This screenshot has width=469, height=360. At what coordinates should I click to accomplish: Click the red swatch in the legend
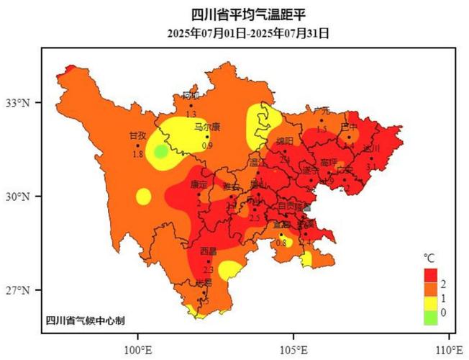[431, 275]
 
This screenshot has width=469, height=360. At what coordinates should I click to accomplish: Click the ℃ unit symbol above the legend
[429, 258]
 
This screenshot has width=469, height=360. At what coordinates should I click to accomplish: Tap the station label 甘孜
[137, 135]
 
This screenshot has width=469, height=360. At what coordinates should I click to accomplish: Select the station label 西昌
[208, 251]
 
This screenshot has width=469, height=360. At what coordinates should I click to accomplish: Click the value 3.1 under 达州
[371, 167]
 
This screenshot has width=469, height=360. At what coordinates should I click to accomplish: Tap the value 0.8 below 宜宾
[281, 243]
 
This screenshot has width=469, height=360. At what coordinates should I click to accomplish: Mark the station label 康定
[199, 185]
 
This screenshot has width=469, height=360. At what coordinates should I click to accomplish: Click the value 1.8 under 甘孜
[137, 154]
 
